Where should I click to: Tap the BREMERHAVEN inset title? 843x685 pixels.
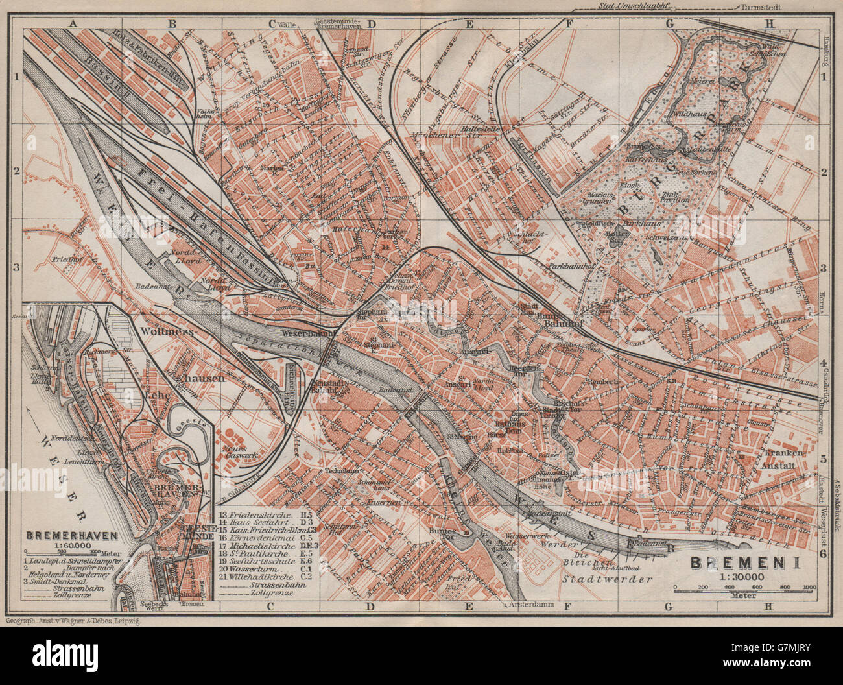(x=72, y=536)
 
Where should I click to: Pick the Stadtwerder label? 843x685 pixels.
(x=606, y=579)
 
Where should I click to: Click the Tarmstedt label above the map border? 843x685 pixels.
(x=756, y=7)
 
